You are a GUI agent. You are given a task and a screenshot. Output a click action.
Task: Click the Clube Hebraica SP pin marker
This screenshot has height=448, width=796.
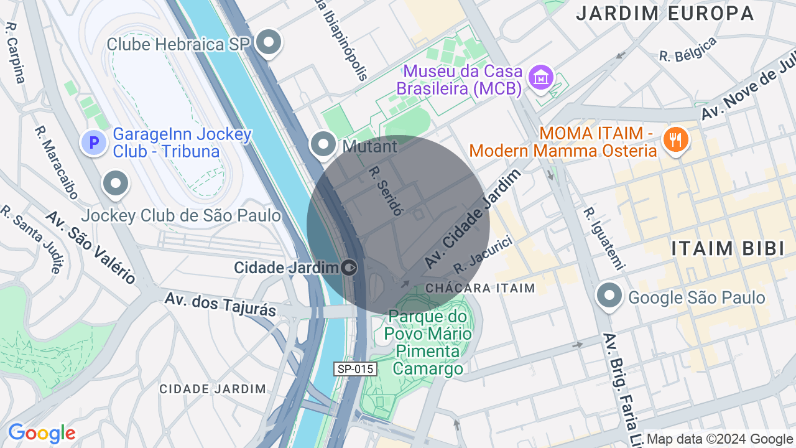269,42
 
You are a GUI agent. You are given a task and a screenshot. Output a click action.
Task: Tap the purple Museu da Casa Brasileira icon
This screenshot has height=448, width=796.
540,78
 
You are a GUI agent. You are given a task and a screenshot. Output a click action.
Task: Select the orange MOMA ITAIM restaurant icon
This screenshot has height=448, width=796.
675,139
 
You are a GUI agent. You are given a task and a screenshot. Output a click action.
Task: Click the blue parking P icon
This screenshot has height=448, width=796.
94,143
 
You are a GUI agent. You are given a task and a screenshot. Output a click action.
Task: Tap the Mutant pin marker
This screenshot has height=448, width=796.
323,144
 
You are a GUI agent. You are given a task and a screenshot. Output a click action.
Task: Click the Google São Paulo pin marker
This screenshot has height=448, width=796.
609,296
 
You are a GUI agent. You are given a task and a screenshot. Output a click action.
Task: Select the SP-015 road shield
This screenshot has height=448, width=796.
355,369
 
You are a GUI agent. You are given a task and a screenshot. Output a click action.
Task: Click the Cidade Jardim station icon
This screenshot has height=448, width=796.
349,268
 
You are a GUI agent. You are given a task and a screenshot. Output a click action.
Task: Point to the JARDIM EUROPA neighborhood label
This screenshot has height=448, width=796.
665,13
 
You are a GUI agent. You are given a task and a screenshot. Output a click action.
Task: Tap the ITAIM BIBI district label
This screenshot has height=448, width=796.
728,248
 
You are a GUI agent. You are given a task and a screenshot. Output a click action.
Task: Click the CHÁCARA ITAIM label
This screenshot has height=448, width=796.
480,288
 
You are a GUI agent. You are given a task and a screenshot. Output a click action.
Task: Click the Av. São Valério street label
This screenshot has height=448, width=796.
90,246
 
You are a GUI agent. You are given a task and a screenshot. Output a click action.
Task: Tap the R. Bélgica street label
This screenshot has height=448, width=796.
688,49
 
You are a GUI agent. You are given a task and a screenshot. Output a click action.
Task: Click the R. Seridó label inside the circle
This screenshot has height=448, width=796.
386,190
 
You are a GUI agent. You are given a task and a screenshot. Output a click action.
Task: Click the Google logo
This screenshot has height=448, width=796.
42,433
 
